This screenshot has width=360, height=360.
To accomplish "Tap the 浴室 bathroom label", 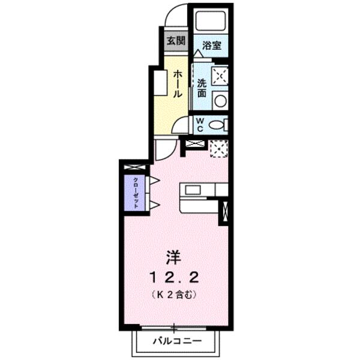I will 211,45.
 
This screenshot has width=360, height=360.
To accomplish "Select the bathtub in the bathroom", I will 210,23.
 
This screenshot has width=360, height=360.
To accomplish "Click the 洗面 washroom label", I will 202,89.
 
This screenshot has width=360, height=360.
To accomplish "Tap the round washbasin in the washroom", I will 220,101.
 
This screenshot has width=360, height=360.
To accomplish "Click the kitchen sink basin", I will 193,190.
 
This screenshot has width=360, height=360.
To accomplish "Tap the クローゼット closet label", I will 136,193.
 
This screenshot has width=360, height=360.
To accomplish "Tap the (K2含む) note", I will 175,295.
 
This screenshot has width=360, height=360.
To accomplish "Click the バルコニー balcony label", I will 175,341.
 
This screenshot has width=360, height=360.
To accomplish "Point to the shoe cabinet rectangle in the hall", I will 161,83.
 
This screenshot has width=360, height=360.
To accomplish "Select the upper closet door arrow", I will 154,180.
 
